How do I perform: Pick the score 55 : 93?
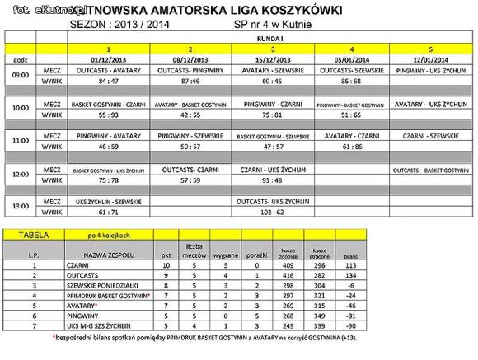pyautogui.click(x=109, y=115)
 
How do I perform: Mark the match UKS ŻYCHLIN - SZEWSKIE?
pyautogui.click(x=109, y=200)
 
